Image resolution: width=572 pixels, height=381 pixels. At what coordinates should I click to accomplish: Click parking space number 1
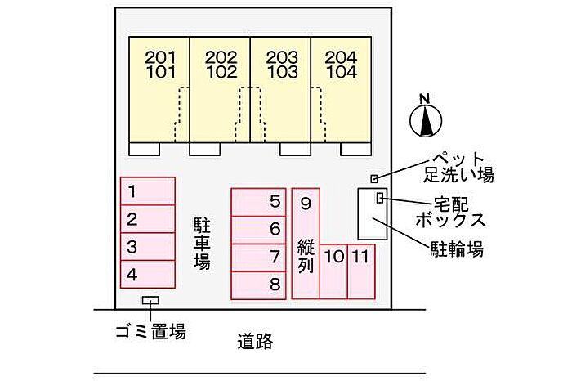(148, 191)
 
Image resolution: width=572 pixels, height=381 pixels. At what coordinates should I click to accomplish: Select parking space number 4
(148, 275)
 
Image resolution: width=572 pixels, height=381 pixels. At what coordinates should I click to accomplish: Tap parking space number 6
(259, 230)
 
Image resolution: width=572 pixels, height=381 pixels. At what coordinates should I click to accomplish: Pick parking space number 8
(259, 285)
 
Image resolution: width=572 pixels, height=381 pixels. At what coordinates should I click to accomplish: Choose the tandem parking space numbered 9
(306, 244)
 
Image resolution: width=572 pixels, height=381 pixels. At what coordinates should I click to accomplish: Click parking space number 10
(333, 271)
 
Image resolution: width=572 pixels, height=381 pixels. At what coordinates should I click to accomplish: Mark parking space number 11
(361, 271)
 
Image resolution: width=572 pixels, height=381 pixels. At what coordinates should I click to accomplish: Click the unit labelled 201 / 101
(159, 89)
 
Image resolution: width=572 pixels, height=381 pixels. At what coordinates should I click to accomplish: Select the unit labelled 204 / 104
(341, 89)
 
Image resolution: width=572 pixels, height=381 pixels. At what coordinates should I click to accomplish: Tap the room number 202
(221, 57)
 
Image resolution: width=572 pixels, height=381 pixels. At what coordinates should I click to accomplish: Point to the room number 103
(282, 72)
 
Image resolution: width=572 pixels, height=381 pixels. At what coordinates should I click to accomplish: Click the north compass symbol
(426, 120)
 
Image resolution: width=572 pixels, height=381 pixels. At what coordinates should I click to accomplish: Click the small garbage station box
(150, 300)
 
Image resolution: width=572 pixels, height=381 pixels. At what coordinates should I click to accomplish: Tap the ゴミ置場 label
(150, 331)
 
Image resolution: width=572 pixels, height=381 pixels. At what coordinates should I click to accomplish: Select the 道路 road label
(255, 342)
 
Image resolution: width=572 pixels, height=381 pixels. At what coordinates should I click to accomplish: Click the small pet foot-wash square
(374, 179)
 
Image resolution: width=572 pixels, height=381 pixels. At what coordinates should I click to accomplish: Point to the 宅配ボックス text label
(451, 213)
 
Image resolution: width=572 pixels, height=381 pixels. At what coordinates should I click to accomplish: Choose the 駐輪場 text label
(457, 249)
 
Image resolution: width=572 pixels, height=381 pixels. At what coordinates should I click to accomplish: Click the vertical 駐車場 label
(202, 244)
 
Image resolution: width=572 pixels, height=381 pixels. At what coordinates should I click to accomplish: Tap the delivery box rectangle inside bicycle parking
(380, 197)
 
